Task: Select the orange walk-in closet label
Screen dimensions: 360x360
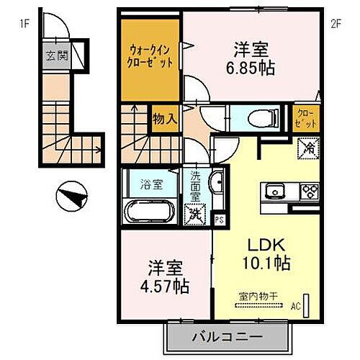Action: tap(150, 56)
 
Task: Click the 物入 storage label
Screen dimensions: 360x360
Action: tap(164, 118)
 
